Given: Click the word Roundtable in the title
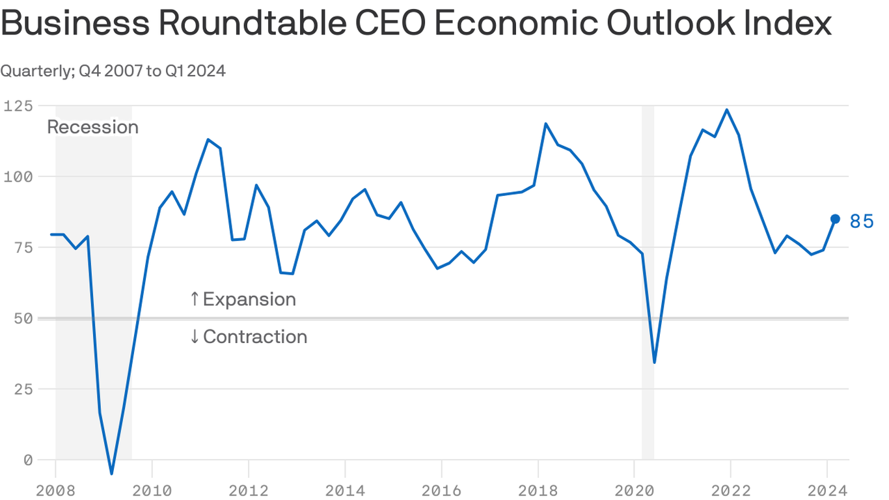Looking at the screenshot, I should (250, 24).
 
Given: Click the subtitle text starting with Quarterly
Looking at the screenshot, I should (113, 71).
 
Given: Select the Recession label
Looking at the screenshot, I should (93, 127).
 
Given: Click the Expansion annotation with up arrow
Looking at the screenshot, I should (243, 299).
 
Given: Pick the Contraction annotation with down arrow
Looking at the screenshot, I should (248, 337).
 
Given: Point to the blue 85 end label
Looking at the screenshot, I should (862, 221).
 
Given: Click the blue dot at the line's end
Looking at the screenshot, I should (835, 219).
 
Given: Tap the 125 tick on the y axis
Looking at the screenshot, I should (18, 105).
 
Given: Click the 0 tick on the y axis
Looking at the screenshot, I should (28, 460).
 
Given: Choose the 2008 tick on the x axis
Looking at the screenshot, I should (55, 490).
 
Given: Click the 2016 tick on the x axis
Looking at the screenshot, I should (441, 490).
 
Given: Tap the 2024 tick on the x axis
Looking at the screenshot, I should (827, 490).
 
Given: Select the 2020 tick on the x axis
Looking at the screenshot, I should (634, 490).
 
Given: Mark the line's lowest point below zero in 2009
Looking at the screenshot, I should (112, 473).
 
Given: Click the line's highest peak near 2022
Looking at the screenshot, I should (727, 109).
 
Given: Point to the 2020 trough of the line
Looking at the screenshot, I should (654, 363).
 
